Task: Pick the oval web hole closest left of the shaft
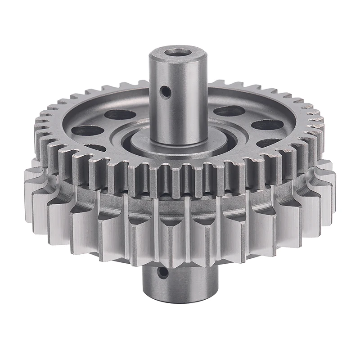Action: [120, 114]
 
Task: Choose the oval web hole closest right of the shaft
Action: [229, 111]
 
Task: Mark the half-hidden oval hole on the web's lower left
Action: [95, 148]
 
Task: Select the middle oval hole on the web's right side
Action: [266, 125]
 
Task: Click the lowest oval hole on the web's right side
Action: [269, 143]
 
